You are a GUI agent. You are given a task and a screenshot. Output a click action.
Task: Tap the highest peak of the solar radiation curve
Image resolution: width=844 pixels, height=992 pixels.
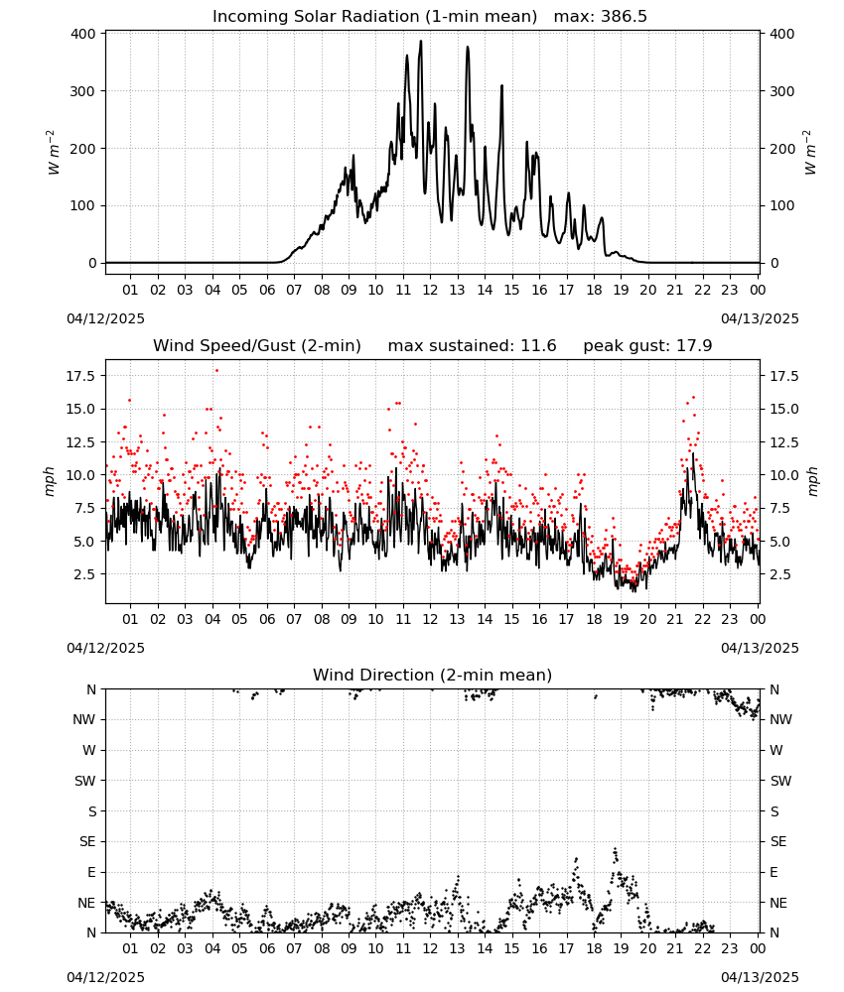pyautogui.click(x=420, y=41)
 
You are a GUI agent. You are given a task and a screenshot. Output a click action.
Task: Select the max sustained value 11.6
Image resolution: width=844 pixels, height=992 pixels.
pyautogui.click(x=538, y=346)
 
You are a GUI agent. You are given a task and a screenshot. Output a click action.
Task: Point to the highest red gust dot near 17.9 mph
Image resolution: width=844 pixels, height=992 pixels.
pyautogui.click(x=216, y=371)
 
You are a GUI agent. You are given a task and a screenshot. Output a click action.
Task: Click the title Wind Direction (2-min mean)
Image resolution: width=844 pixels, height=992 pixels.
pyautogui.click(x=433, y=675)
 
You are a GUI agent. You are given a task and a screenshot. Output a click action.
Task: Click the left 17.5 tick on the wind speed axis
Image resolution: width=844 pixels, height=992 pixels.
pyautogui.click(x=80, y=376)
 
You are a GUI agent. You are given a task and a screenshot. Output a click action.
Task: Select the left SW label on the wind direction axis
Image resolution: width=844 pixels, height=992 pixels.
pyautogui.click(x=84, y=781)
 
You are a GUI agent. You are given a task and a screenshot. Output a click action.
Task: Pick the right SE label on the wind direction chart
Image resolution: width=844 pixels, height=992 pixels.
pyautogui.click(x=778, y=841)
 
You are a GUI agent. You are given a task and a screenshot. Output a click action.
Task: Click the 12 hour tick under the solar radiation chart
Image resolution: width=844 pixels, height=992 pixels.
pyautogui.click(x=430, y=290)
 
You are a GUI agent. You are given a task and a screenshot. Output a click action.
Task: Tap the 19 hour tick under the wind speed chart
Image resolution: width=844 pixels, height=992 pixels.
pyautogui.click(x=621, y=619)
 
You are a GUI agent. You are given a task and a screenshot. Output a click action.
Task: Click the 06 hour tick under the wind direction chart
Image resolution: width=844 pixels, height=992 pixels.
pyautogui.click(x=267, y=948)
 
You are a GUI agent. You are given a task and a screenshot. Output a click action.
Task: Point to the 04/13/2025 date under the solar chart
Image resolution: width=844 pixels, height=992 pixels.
pyautogui.click(x=760, y=318)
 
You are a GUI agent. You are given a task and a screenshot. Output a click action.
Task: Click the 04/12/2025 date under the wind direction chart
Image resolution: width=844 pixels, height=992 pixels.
pyautogui.click(x=105, y=977)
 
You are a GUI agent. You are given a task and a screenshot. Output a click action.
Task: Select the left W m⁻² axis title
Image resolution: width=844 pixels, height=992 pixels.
pyautogui.click(x=54, y=153)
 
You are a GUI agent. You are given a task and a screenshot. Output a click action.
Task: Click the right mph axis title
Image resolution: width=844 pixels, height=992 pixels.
pyautogui.click(x=812, y=481)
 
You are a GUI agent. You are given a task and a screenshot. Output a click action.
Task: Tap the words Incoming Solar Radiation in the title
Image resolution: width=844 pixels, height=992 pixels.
pyautogui.click(x=316, y=17)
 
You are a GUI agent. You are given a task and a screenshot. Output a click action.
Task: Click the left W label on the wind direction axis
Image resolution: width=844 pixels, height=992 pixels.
pyautogui.click(x=89, y=750)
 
